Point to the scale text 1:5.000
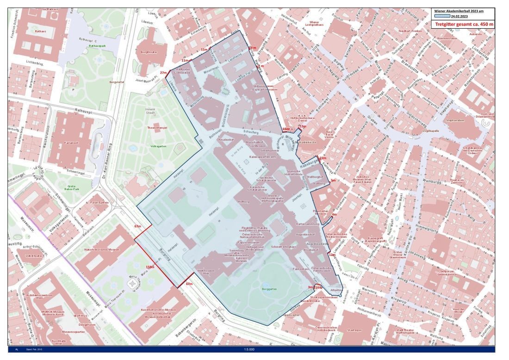(251, 350)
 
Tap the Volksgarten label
(157, 146)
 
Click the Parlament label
(72, 143)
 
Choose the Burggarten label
(269, 289)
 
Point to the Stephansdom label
(455, 120)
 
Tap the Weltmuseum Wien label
(204, 272)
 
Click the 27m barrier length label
(163, 73)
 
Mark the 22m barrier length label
(323, 158)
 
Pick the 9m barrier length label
(333, 180)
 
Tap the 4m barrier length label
(334, 215)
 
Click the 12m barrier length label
(331, 254)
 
